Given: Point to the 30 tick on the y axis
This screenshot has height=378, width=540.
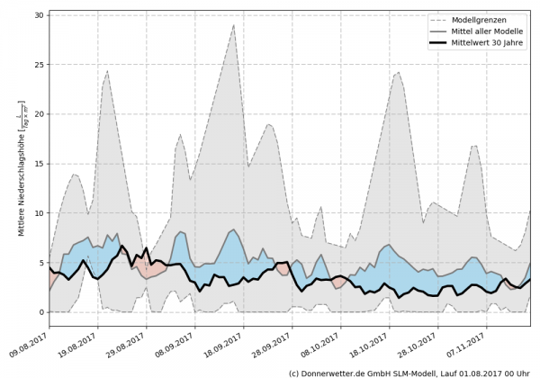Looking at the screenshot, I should pyautogui.click(x=40, y=15).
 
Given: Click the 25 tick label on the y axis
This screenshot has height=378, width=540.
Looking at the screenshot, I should pyautogui.click(x=40, y=65).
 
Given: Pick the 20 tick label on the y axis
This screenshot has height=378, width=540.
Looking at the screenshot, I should pyautogui.click(x=40, y=114).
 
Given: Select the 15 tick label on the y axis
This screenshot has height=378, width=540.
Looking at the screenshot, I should pyautogui.click(x=40, y=164).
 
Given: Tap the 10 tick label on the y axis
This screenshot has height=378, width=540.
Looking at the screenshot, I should pyautogui.click(x=40, y=213).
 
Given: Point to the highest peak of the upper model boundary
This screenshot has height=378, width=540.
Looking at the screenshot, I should pyautogui.click(x=234, y=25).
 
